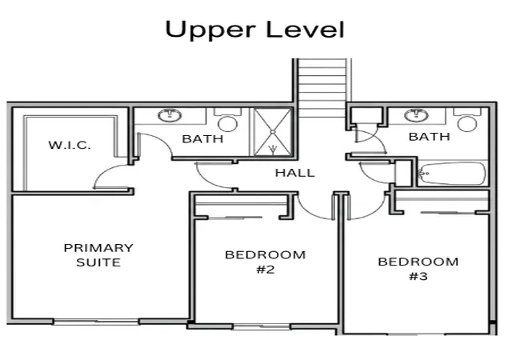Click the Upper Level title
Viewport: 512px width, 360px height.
pyautogui.click(x=254, y=30)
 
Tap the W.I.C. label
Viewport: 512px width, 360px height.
pyautogui.click(x=70, y=145)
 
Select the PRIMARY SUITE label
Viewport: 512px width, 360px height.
pyautogui.click(x=98, y=255)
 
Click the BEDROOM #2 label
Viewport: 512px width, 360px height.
pyautogui.click(x=265, y=262)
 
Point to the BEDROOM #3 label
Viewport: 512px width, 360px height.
pyautogui.click(x=418, y=269)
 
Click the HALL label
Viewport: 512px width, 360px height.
pyautogui.click(x=295, y=173)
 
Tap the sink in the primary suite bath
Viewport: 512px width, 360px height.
pyautogui.click(x=170, y=115)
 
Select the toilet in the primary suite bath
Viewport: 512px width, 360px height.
pyautogui.click(x=227, y=120)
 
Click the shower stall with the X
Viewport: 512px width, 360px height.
pyautogui.click(x=273, y=132)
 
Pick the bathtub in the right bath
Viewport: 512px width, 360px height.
pyautogui.click(x=452, y=173)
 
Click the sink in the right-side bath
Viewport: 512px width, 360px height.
pyautogui.click(x=416, y=115)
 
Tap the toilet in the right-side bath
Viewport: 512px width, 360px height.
pyautogui.click(x=467, y=120)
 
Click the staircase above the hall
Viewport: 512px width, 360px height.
pyautogui.click(x=322, y=88)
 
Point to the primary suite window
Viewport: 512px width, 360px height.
pyautogui.click(x=96, y=322)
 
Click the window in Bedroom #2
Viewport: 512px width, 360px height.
pyautogui.click(x=262, y=326)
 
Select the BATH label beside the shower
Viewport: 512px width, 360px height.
pyautogui.click(x=202, y=139)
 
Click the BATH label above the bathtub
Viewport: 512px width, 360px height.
pyautogui.click(x=430, y=137)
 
